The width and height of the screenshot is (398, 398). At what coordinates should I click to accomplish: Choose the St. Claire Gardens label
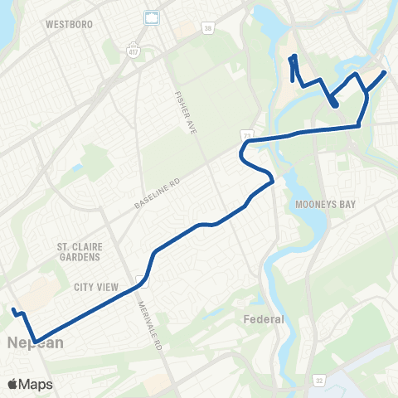click(x=79, y=251)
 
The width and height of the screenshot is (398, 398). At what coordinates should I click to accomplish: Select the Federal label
click(x=263, y=319)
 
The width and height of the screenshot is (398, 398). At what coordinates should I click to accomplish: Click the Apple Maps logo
click(x=31, y=384)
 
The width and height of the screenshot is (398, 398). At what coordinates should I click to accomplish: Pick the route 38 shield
click(x=206, y=27)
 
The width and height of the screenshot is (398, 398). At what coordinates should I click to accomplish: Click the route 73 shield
click(x=246, y=133)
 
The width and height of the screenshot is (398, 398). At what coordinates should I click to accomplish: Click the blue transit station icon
click(x=151, y=17)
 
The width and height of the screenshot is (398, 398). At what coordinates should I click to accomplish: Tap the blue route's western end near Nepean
click(x=14, y=312)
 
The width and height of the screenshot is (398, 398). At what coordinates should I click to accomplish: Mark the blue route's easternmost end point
click(x=386, y=72)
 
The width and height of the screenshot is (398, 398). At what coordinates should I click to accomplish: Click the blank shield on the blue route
click(x=143, y=280)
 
